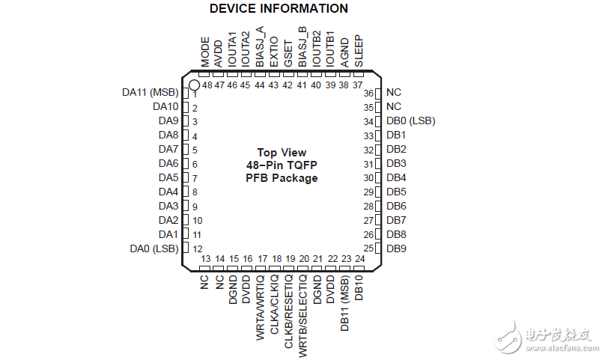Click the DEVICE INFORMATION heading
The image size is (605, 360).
coord(279,8)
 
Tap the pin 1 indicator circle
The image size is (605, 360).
coord(194,85)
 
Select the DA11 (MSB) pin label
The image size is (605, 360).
coord(150,93)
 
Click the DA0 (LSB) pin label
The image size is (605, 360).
coord(154,249)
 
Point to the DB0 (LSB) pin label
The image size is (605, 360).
coord(411,120)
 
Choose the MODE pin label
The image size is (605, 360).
coord(205,52)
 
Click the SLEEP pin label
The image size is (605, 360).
coord(359,51)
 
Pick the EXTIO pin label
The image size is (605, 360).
coord(273,52)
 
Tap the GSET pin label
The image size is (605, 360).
coord(288,54)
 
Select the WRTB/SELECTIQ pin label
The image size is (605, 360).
coord(303,316)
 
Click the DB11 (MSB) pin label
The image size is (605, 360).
coord(344,303)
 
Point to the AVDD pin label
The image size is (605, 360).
coord(219,54)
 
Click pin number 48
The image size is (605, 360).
coord(207,85)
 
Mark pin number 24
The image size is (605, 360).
coord(359,258)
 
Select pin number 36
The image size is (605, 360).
coord(368,94)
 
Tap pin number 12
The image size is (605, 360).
coord(197,249)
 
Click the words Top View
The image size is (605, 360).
coord(282,153)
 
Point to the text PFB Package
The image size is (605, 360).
coord(282,178)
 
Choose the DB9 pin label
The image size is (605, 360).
coord(396,248)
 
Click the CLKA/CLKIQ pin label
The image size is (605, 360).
coord(274,304)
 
